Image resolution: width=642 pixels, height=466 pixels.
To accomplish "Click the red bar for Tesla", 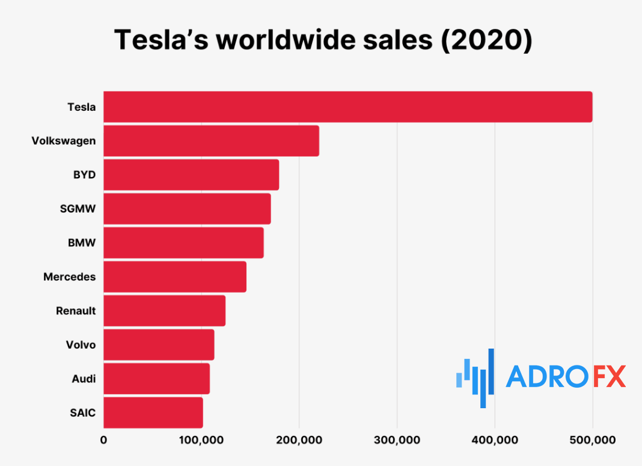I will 347,107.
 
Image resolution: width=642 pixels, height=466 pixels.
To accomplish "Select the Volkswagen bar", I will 211,141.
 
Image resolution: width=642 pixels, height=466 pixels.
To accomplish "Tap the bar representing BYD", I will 191,175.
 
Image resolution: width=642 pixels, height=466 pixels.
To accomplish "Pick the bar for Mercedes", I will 175,276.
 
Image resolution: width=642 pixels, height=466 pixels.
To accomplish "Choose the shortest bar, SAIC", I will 153,412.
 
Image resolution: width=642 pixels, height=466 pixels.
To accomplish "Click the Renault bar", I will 164,311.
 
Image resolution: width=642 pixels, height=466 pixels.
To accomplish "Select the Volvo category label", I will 81,345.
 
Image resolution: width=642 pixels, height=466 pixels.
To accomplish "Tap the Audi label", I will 84,379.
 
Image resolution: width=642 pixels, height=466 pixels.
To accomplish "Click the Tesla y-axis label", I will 81,107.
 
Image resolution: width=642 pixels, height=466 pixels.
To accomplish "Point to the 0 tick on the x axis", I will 103,441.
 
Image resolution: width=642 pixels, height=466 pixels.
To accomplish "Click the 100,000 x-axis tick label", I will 201,441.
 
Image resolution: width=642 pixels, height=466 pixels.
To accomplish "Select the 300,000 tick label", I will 397,441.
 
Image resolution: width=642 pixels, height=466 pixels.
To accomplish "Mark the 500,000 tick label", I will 592,441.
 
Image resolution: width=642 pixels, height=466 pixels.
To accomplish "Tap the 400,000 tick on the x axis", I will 495,441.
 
